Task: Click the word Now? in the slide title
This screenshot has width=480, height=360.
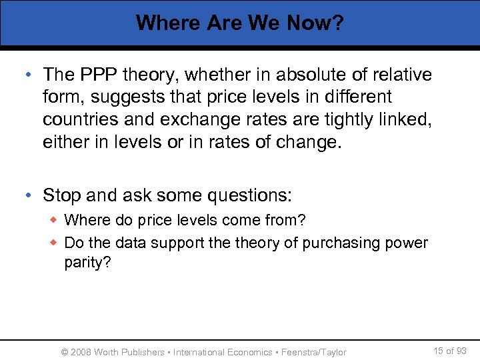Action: pos(315,23)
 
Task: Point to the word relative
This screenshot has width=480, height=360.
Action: pos(397,75)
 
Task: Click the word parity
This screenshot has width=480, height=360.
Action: pos(85,263)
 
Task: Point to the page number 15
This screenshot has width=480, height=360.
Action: pos(438,351)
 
